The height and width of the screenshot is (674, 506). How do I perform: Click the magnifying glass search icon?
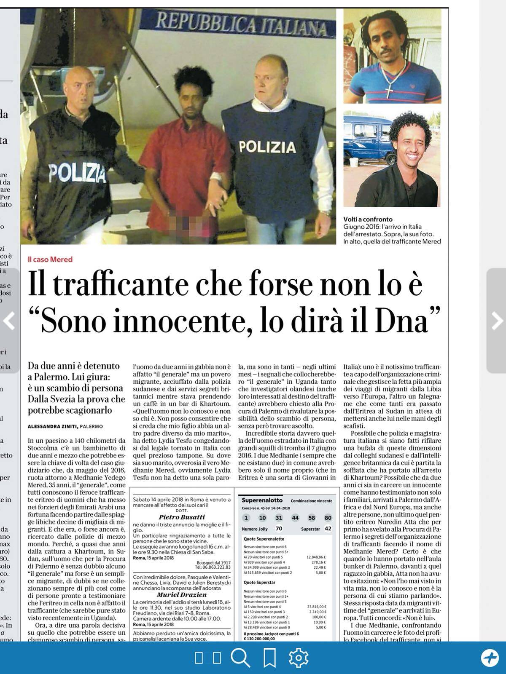click(240, 658)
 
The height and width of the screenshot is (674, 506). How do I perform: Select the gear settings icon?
click(299, 658)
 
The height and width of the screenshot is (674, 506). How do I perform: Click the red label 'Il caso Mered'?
click(50, 259)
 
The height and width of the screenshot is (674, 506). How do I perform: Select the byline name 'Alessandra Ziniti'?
click(52, 426)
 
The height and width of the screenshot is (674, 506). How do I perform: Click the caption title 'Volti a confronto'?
click(368, 219)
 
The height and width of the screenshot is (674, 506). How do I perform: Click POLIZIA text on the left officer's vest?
click(77, 173)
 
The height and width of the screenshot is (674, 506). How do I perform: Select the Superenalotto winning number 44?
click(295, 518)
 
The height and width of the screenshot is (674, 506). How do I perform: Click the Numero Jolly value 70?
click(279, 529)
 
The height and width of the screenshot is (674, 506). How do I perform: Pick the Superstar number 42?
click(328, 529)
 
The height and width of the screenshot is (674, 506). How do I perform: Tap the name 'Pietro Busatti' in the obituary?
click(182, 517)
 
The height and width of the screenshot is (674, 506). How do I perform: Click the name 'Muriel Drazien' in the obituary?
click(182, 595)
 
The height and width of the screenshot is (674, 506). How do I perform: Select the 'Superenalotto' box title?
click(261, 500)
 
